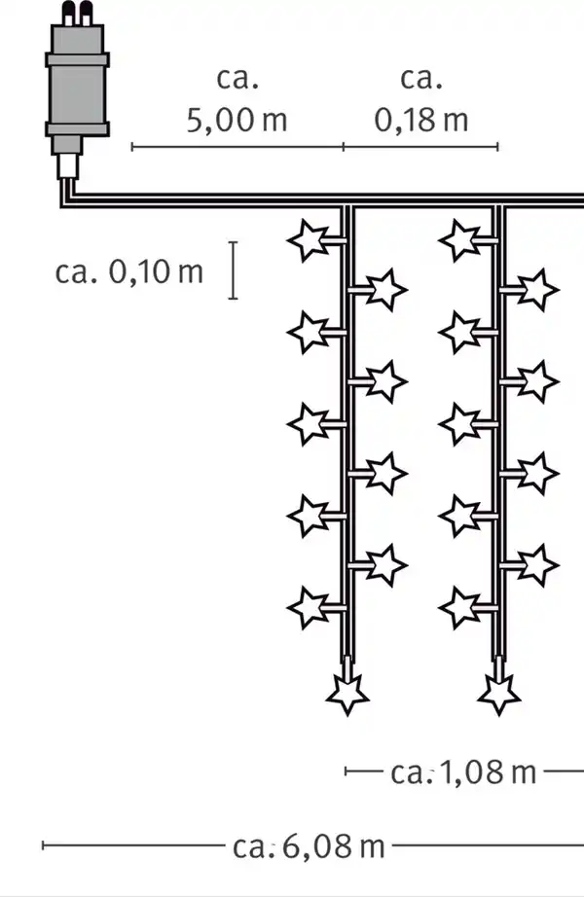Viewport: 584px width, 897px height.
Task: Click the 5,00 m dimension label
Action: click(237, 120)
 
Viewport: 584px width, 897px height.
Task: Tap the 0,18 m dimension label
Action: click(421, 120)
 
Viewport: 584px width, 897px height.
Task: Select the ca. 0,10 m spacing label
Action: click(128, 271)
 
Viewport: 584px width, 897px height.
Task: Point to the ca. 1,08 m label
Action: click(463, 772)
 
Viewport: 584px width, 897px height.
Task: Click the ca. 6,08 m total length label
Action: click(309, 846)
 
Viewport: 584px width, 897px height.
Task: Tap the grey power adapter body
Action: click(77, 89)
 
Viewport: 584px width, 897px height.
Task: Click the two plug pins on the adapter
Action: click(77, 14)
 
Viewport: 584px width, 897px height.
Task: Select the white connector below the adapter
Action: click(67, 166)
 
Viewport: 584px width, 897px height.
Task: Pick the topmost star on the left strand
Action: click(310, 240)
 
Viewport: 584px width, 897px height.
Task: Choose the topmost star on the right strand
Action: click(460, 240)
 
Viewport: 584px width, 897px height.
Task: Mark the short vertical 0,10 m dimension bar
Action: click(233, 270)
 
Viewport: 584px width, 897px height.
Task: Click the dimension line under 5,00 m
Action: click(237, 147)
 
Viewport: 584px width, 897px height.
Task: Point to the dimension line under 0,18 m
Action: click(420, 147)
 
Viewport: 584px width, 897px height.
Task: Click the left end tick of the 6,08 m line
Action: click(44, 844)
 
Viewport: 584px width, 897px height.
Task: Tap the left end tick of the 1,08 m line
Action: click(346, 771)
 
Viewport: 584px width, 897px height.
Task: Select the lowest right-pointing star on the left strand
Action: click(386, 565)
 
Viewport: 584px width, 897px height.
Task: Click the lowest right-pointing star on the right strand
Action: click(538, 565)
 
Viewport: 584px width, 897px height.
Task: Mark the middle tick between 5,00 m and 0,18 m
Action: click(344, 147)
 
